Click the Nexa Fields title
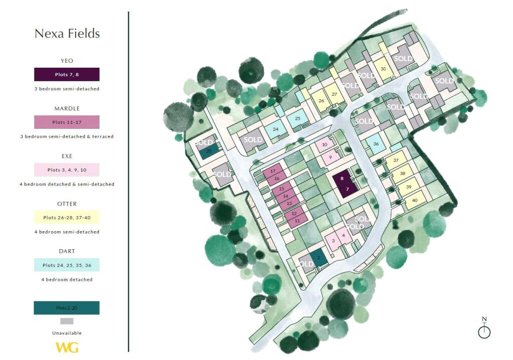(67, 34)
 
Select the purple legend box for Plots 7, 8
(67, 74)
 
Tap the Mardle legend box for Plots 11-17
(67, 122)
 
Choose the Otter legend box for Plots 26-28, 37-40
(67, 218)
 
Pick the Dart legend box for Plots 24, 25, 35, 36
(67, 265)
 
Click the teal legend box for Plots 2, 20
(67, 307)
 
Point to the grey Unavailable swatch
(67, 321)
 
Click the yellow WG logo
(67, 347)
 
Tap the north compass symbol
(484, 329)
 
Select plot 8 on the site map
(342, 179)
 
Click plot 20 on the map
(209, 151)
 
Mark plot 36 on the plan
(376, 144)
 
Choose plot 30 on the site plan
(383, 69)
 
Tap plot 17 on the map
(273, 171)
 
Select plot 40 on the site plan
(414, 200)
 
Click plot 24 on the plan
(275, 129)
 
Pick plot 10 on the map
(325, 145)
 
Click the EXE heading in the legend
(67, 156)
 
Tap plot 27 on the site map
(334, 94)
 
